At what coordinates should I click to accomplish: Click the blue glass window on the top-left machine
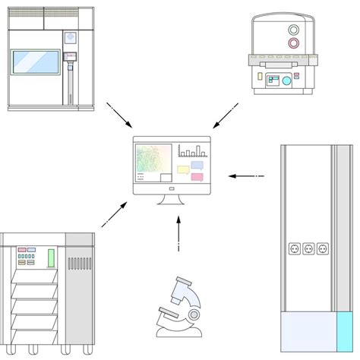click(x=36, y=62)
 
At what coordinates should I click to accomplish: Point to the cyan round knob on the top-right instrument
click(x=286, y=80)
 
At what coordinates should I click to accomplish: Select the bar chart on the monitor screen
click(x=191, y=150)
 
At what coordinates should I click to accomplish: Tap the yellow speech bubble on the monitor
click(x=183, y=170)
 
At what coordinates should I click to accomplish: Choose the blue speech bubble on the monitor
click(x=197, y=164)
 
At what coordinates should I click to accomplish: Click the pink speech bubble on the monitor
click(x=197, y=178)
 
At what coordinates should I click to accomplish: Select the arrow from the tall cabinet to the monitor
click(x=245, y=176)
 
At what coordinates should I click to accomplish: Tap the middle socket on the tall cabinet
click(x=308, y=248)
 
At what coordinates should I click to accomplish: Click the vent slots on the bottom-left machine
click(x=79, y=264)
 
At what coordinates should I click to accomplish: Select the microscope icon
click(x=178, y=309)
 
